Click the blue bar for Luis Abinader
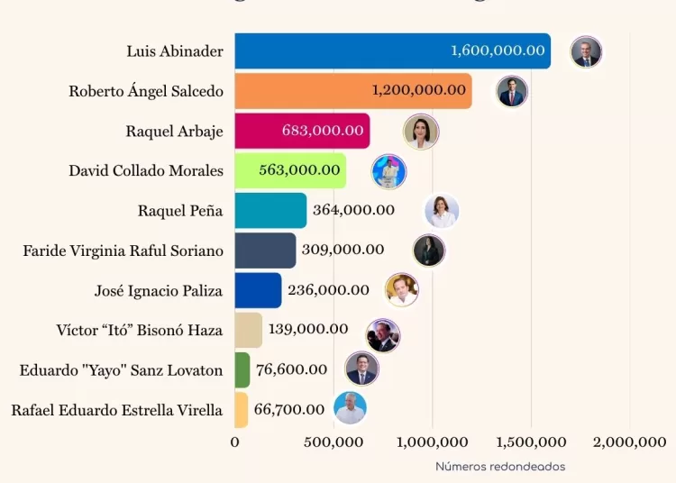click(343, 51)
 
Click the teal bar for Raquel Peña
click(270, 210)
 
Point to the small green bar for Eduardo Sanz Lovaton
click(242, 369)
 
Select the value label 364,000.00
click(353, 210)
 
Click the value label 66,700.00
click(289, 409)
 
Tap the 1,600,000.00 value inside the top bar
click(498, 51)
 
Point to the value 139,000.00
click(308, 329)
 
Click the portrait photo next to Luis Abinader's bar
click(586, 51)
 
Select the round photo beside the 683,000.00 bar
click(420, 132)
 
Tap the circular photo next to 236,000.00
click(401, 289)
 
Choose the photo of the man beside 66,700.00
click(350, 408)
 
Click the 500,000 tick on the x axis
click(333, 442)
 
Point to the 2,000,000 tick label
click(629, 442)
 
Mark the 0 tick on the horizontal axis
click(235, 442)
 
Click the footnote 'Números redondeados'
click(500, 467)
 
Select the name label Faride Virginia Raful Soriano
click(123, 250)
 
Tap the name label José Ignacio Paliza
click(158, 290)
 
